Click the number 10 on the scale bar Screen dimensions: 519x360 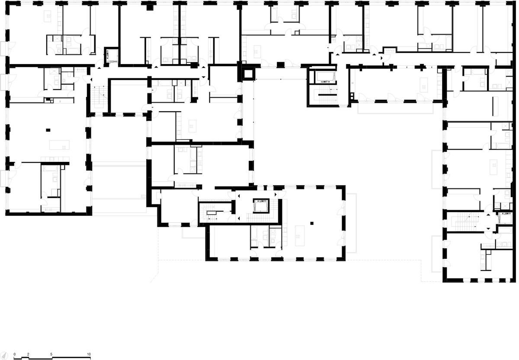(89, 354)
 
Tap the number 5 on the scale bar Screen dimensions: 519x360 (51, 354)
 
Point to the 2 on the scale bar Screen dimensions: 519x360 (28, 354)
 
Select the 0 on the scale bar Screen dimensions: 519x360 (15, 354)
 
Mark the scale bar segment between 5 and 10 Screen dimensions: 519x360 (71, 358)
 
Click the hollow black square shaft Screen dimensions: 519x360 (248, 74)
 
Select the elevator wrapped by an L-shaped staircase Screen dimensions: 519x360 (261, 206)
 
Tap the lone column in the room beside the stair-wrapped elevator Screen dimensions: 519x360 (312, 223)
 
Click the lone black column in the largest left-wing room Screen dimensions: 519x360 (48, 130)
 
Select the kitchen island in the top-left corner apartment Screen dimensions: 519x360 (48, 16)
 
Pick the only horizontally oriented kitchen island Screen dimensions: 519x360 (59, 145)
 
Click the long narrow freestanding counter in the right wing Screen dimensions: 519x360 (495, 106)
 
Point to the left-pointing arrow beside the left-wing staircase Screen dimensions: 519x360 (91, 80)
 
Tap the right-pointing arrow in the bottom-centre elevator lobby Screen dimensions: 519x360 (276, 194)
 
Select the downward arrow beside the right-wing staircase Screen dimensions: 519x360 (488, 229)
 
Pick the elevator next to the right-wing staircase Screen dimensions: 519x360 (505, 218)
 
